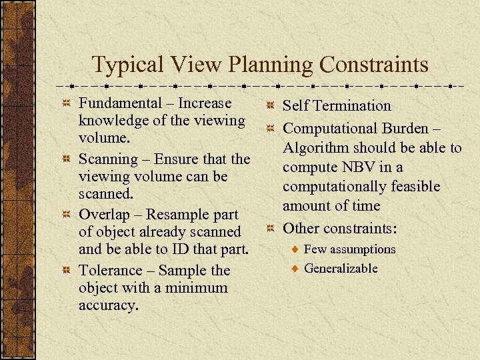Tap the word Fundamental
point(120,103)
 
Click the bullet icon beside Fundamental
point(66,104)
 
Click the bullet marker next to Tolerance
point(66,271)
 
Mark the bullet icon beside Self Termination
point(270,106)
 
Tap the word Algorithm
point(317,147)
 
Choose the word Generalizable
point(341,269)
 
